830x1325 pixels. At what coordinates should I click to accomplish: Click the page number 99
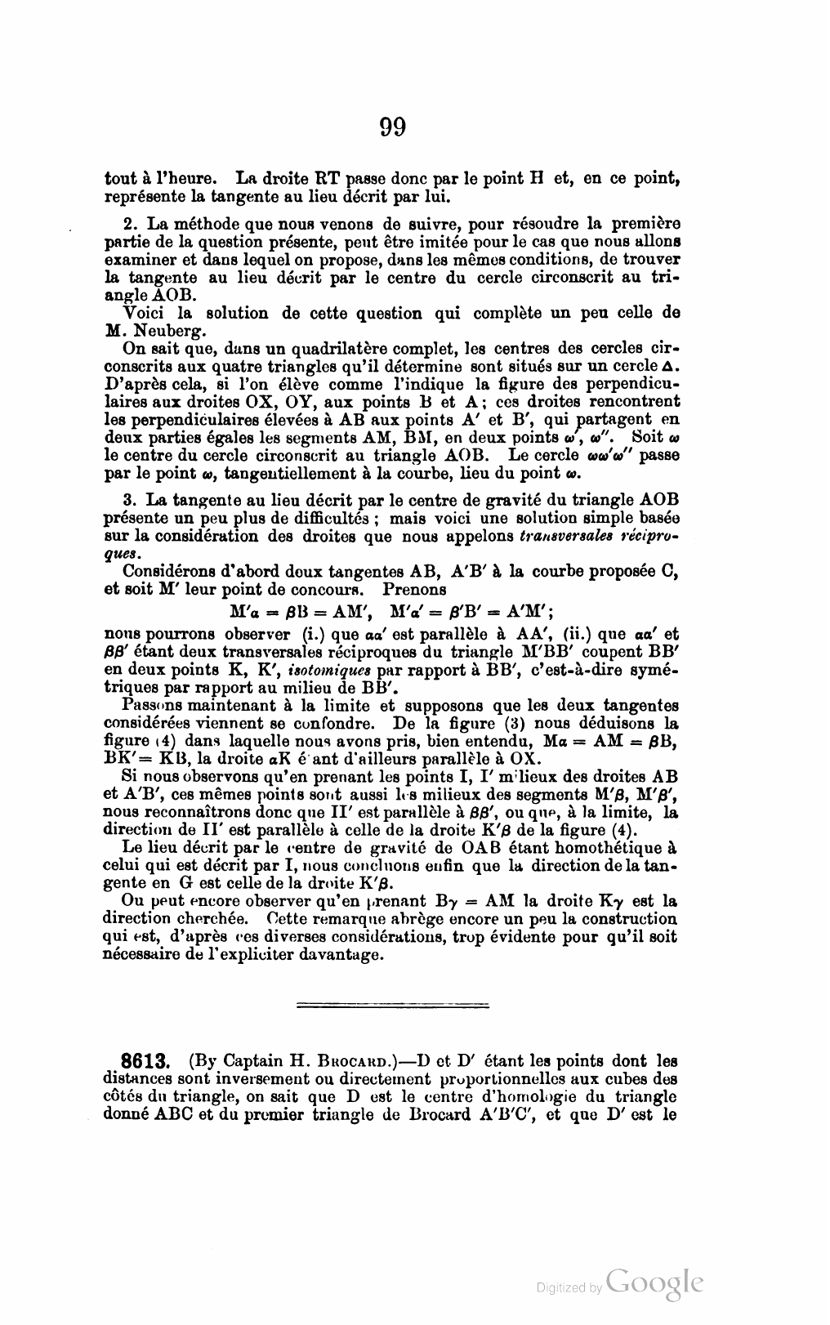392,127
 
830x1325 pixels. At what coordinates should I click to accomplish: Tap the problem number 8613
145,1063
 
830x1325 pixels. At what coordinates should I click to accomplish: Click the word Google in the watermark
655,1281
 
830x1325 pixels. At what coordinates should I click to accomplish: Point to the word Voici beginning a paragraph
142,314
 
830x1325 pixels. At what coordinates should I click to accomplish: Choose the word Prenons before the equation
415,589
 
